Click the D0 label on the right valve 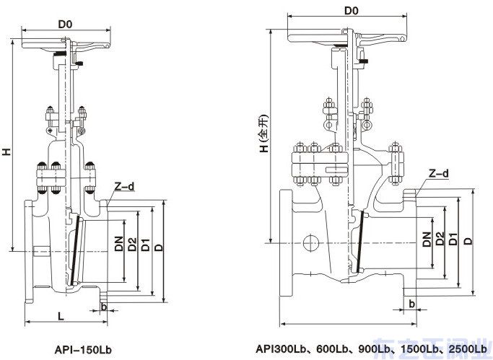click(352, 11)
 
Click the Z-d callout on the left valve click(123, 187)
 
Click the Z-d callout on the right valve click(439, 173)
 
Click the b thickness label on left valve click(105, 307)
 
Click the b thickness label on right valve click(411, 304)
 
